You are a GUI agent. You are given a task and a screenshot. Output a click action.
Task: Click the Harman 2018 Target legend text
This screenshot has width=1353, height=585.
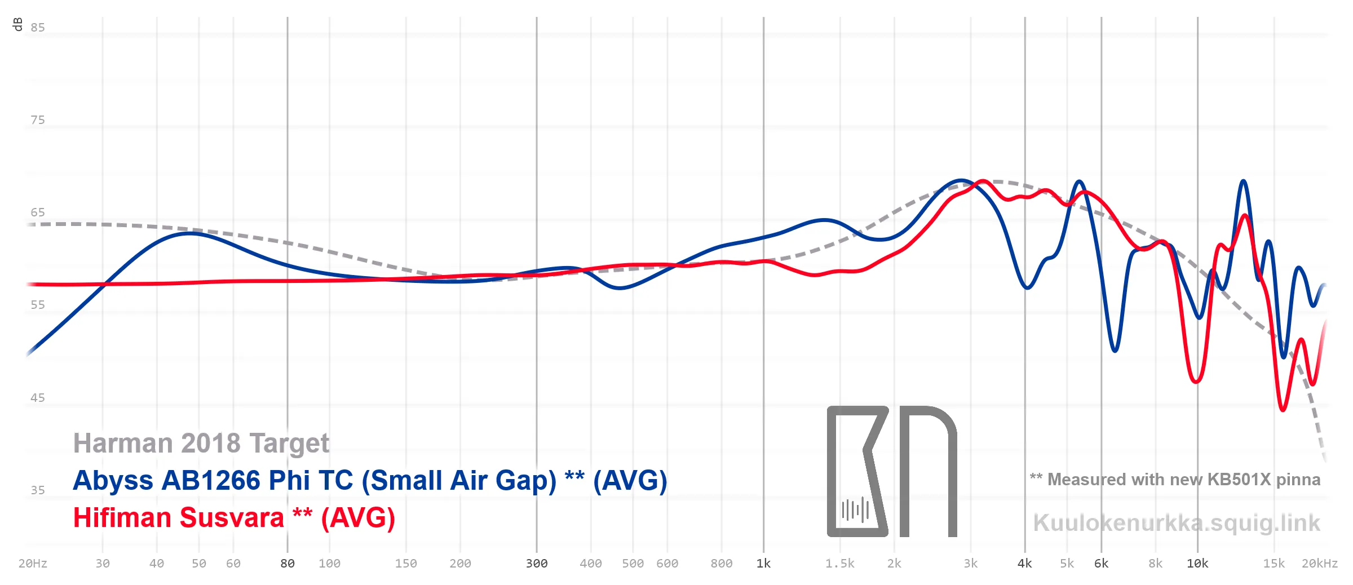[201, 443]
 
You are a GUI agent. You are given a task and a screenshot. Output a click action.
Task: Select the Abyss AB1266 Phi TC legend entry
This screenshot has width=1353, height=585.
[370, 481]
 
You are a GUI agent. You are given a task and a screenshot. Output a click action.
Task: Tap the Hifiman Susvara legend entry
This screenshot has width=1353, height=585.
[234, 517]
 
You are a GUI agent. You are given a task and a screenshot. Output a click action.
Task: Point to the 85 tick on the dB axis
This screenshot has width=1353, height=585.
[38, 28]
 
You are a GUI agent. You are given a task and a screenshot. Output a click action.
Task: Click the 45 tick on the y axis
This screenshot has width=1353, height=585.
[38, 398]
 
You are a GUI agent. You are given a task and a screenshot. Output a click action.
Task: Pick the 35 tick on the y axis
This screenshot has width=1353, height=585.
[38, 490]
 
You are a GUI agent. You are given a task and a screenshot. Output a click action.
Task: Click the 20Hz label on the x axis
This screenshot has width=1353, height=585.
[33, 564]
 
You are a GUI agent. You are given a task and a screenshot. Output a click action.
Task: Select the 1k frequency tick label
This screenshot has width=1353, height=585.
[763, 564]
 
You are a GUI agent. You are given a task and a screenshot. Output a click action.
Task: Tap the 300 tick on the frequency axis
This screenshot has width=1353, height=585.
[536, 564]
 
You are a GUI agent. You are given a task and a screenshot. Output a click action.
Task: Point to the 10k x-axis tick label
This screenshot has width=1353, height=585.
[1197, 564]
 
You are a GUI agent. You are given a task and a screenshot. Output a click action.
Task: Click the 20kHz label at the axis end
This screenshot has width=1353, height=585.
[1319, 564]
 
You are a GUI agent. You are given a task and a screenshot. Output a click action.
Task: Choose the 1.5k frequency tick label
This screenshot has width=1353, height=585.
[839, 564]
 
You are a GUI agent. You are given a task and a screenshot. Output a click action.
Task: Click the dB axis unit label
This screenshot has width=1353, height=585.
[17, 24]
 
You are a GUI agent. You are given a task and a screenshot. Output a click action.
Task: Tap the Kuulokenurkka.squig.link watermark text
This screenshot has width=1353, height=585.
[1177, 523]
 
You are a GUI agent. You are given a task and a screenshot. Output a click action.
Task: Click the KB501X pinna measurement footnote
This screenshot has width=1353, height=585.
[1175, 480]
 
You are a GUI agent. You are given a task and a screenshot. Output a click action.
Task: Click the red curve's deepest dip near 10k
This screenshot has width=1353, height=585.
[1196, 382]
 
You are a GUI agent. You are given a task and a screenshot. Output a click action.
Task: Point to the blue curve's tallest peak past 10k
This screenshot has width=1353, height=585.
[1243, 181]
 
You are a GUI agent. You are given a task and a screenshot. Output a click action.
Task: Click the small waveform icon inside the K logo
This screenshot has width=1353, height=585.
[855, 510]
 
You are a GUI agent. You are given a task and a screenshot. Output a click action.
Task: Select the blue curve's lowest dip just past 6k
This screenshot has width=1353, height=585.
[1115, 351]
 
